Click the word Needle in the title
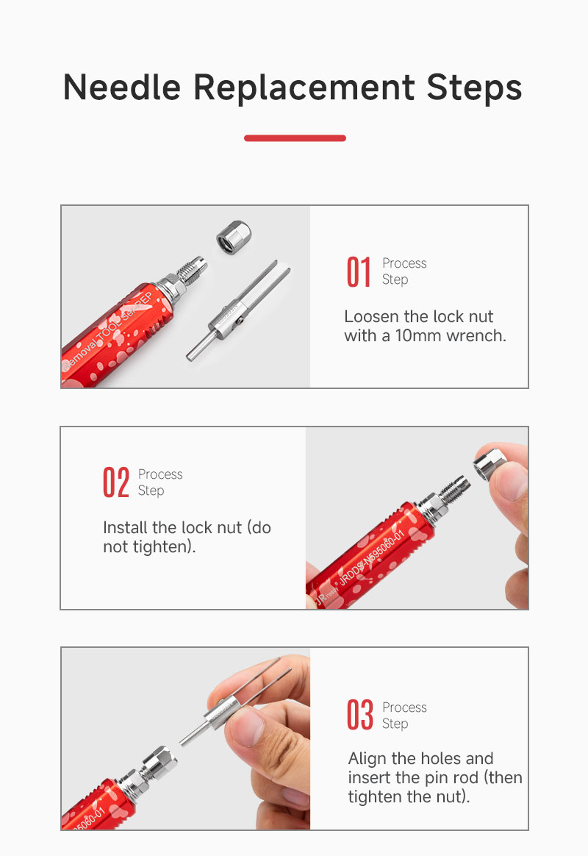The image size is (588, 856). [x=121, y=88]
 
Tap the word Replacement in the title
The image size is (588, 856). [x=304, y=88]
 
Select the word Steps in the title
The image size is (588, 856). [x=474, y=88]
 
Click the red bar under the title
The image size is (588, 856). [x=295, y=138]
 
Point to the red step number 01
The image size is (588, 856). [x=359, y=272]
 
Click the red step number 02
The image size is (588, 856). [x=115, y=482]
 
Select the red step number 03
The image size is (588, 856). [x=360, y=715]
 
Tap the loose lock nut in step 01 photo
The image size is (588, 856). [x=234, y=237]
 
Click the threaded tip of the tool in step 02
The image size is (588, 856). [x=454, y=488]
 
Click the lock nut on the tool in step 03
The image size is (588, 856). [x=159, y=763]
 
